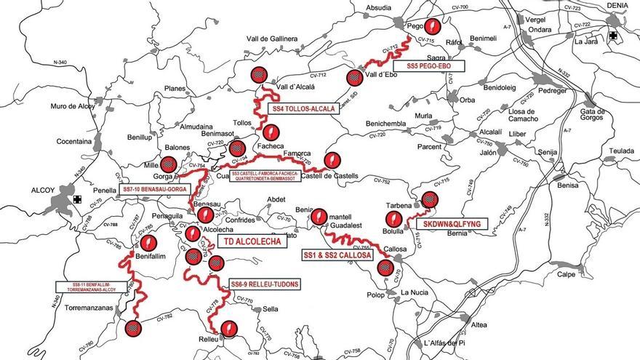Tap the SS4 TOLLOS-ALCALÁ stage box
click(x=304, y=108)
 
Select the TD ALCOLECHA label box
click(x=247, y=241)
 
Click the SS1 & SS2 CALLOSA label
click(x=337, y=256)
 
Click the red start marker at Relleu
click(x=229, y=329)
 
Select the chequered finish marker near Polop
click(x=385, y=267)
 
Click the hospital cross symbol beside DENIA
click(x=615, y=34)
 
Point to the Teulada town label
click(x=622, y=151)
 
